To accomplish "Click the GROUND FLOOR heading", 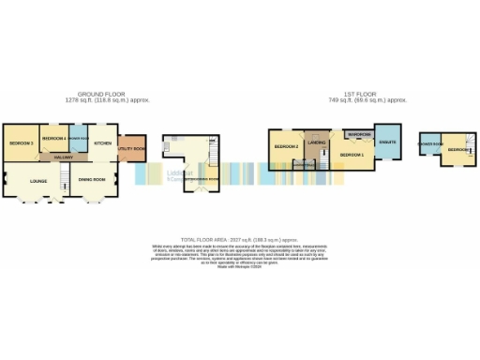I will click(103, 95).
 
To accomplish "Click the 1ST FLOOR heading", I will click(367, 95).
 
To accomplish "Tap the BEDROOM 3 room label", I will click(22, 142).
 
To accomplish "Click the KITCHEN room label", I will click(103, 143).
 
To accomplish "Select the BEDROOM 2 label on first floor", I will click(286, 147).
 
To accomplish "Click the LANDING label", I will click(317, 142).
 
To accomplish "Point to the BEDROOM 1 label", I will click(351, 154).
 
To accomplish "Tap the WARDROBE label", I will click(359, 136).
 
